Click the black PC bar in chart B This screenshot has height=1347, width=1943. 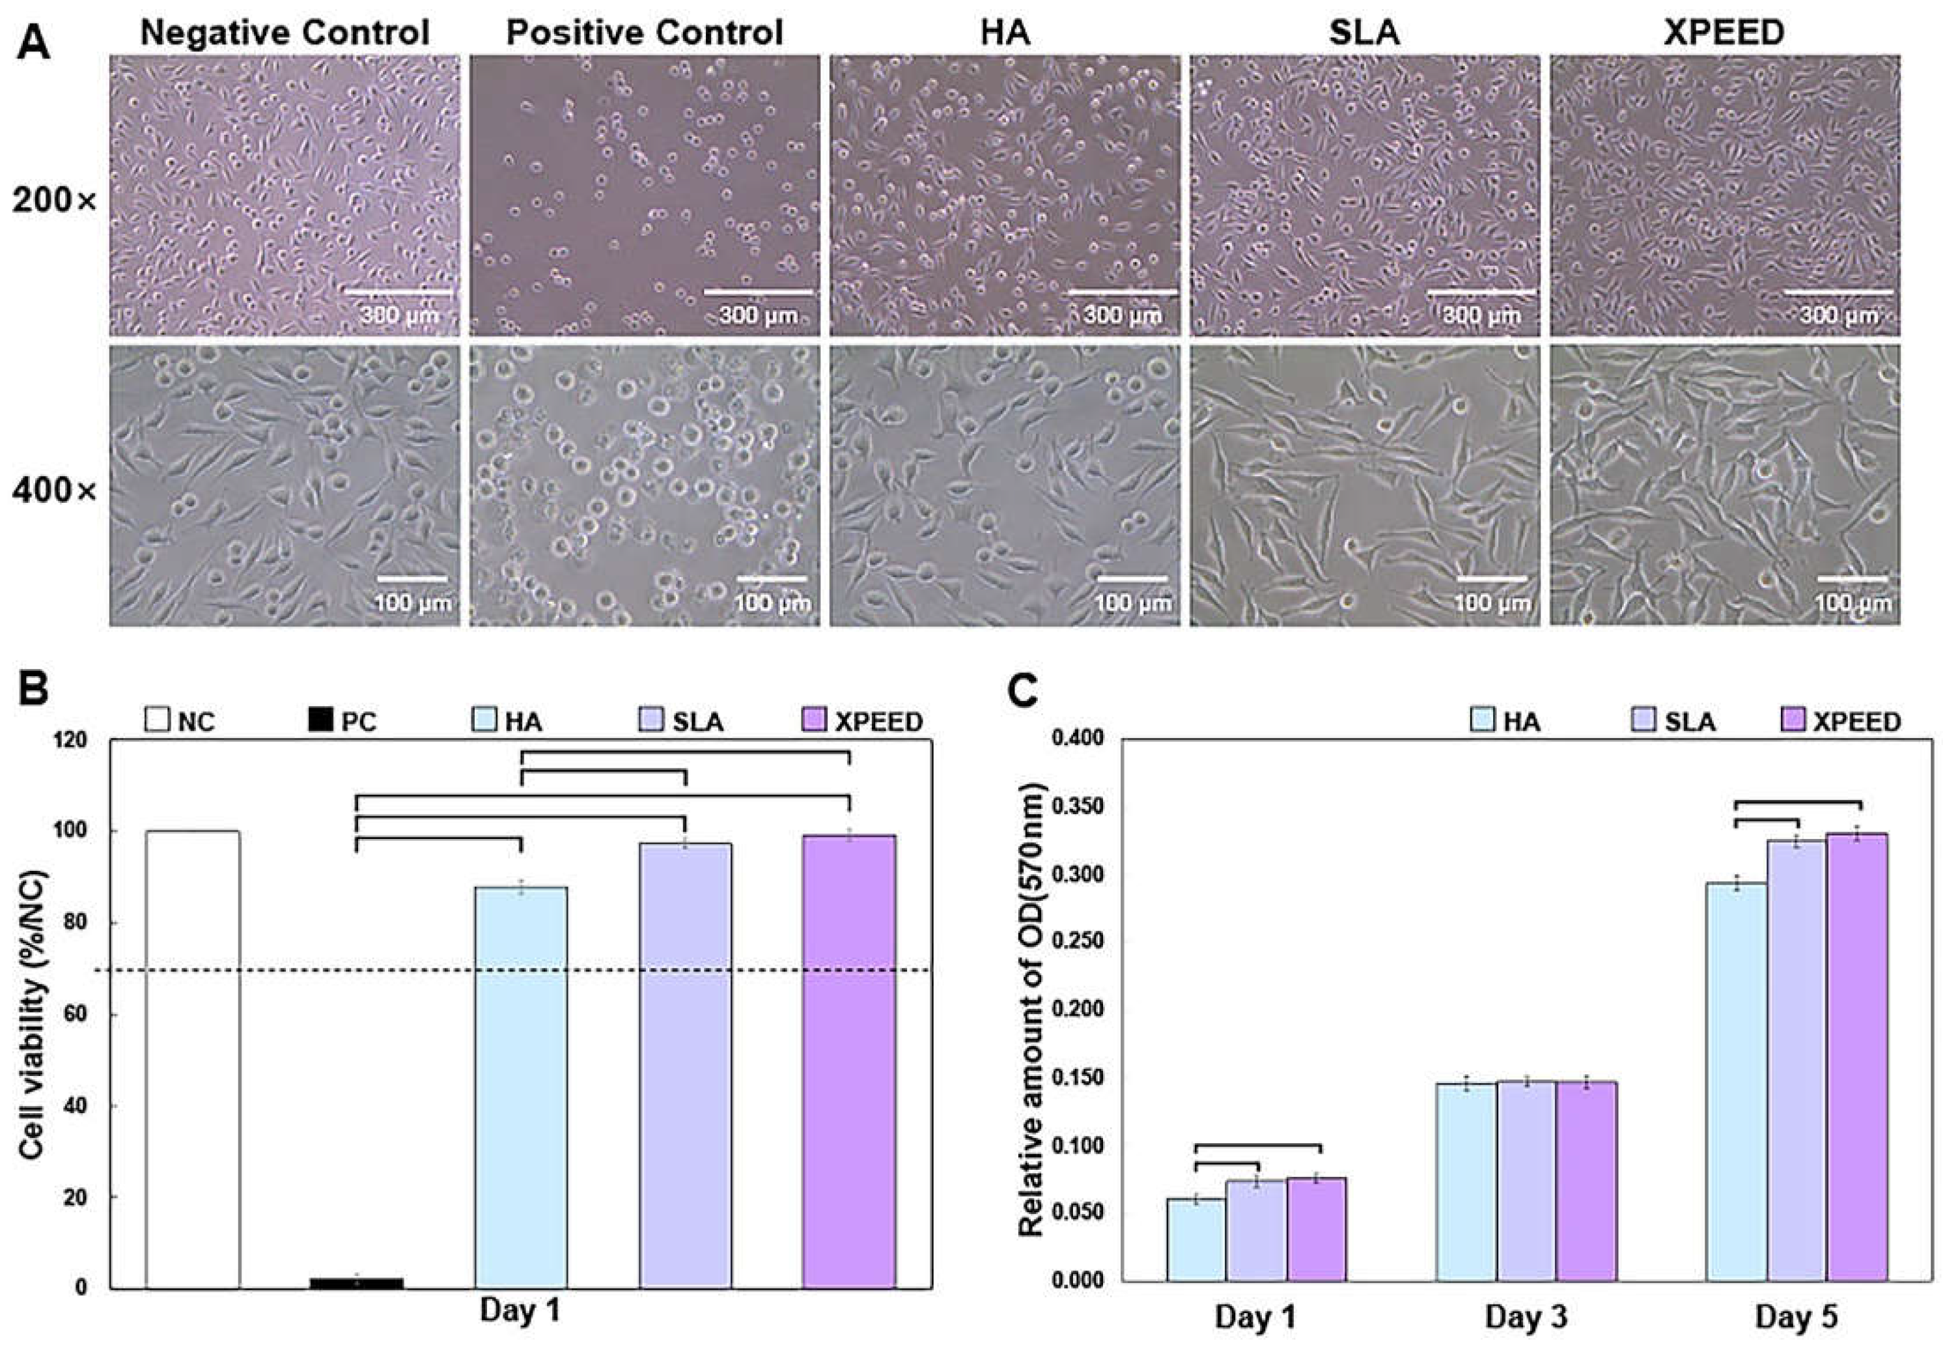[356, 1282]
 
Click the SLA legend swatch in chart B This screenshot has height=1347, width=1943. [650, 722]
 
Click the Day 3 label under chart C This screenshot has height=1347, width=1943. [1526, 1316]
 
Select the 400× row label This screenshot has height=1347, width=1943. [55, 490]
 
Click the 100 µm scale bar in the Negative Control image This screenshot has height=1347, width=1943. [412, 579]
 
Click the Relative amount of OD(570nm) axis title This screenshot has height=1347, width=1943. [1031, 1013]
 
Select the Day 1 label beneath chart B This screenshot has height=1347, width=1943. [520, 1311]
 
